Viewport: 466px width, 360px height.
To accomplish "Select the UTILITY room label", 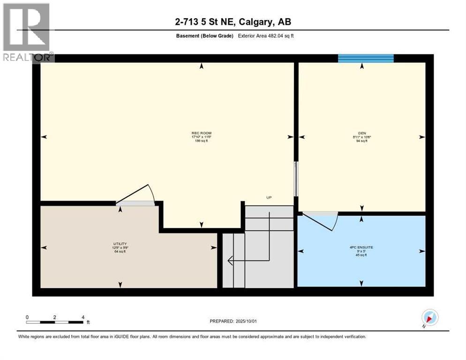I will (x=120, y=244).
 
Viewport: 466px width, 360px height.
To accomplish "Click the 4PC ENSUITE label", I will (x=361, y=247).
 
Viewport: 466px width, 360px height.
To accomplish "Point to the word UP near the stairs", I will (x=269, y=197).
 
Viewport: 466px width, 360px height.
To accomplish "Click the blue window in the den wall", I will (x=366, y=58).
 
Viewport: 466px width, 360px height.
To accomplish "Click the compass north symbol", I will (x=429, y=318).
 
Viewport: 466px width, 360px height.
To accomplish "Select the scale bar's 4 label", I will (x=83, y=317).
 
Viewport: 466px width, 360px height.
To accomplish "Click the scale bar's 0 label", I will (x=27, y=317).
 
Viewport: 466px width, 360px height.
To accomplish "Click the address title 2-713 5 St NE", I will (x=233, y=22).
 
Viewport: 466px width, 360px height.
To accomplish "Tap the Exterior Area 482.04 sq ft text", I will (x=266, y=36).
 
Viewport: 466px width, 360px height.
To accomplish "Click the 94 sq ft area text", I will (x=361, y=141).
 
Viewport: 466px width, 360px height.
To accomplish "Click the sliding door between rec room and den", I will (x=295, y=179).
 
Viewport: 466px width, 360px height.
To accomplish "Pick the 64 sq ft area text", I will (x=120, y=252).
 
